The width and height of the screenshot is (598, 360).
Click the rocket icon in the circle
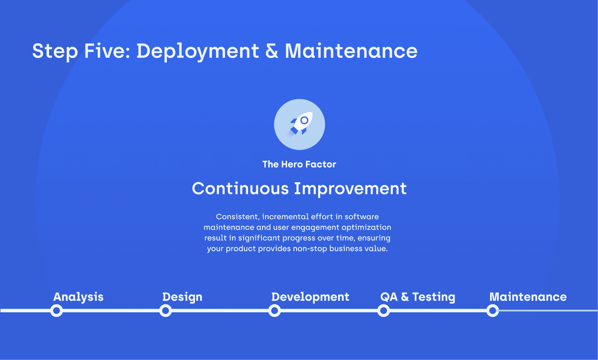[x=299, y=124]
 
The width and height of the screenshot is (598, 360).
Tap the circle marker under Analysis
[x=56, y=310]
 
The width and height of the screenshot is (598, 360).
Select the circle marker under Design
[x=166, y=310]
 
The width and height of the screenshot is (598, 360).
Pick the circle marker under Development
[x=274, y=310]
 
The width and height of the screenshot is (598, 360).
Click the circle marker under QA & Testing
[x=384, y=310]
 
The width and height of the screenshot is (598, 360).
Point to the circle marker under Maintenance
[x=493, y=310]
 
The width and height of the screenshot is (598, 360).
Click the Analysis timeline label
[x=78, y=297]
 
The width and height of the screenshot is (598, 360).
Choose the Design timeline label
[x=182, y=297]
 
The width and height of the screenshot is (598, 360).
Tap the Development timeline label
[x=310, y=297]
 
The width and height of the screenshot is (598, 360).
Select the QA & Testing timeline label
[x=417, y=297]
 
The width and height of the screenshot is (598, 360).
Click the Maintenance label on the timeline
[x=528, y=297]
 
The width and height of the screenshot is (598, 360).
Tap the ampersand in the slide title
[x=271, y=51]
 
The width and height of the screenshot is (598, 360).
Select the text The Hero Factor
[x=299, y=164]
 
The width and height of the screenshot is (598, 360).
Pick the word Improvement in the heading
[x=351, y=188]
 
